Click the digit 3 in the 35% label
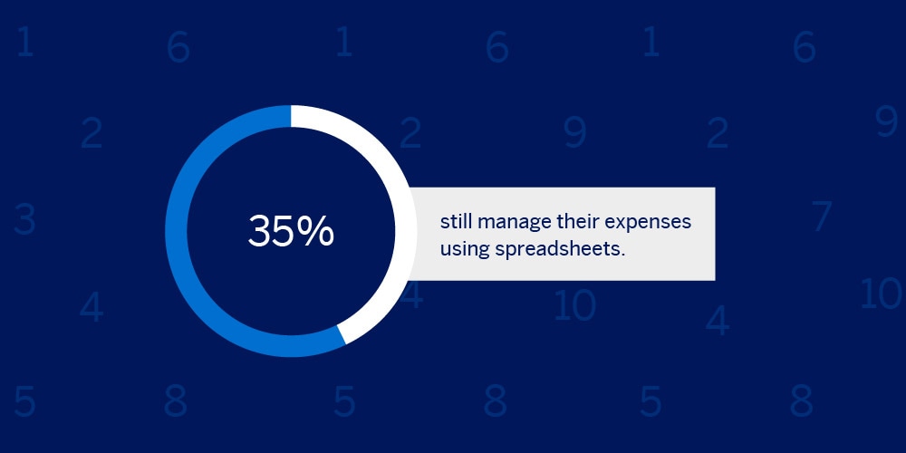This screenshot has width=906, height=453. [259, 231]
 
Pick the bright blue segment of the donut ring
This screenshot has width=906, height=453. [177, 231]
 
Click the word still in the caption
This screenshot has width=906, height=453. [456, 222]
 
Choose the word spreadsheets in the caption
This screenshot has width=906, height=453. [557, 250]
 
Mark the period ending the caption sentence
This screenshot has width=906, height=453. [623, 255]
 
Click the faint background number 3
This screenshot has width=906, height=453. [24, 219]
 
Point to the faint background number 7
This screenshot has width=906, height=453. [821, 217]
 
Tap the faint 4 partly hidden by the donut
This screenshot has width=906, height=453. [414, 294]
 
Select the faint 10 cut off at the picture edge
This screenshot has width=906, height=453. [882, 293]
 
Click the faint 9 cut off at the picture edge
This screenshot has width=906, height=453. [886, 120]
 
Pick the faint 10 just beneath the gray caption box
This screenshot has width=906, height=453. [574, 305]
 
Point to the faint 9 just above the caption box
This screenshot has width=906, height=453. [575, 132]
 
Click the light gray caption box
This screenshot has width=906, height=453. [564, 234]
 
